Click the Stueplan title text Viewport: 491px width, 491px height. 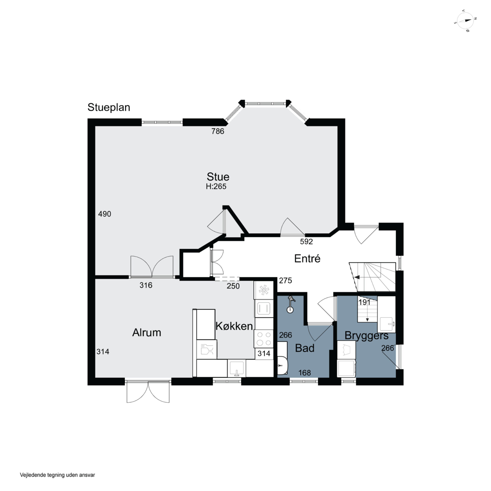click(x=109, y=108)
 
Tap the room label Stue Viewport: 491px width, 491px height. click(x=218, y=177)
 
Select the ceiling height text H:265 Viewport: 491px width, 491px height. click(x=216, y=187)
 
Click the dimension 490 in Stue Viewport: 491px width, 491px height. click(x=104, y=214)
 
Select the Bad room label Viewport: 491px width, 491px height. click(x=305, y=348)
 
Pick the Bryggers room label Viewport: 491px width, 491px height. click(x=366, y=336)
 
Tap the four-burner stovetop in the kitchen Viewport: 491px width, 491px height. click(x=264, y=339)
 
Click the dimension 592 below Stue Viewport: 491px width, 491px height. click(x=306, y=242)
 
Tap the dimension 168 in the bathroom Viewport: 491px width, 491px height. click(x=304, y=373)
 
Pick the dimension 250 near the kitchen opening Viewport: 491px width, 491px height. click(x=233, y=286)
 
